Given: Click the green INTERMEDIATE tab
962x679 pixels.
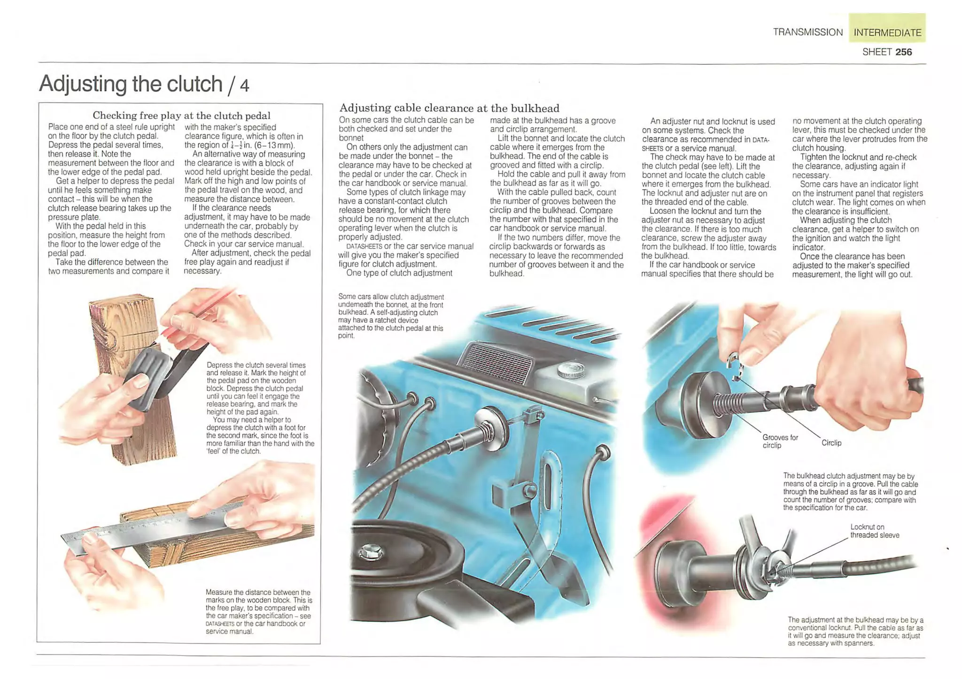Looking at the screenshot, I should coord(887,32).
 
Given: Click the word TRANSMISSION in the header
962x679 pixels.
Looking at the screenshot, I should coord(807,32).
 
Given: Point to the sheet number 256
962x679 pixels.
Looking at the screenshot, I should coord(903,52).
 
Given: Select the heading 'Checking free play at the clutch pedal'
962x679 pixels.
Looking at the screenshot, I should coord(181,115).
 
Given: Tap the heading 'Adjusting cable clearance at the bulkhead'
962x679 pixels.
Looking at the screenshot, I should coord(449,108).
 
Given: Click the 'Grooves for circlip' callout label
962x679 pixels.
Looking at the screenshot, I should coord(780,441).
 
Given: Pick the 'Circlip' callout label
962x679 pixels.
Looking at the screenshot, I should coord(831,442).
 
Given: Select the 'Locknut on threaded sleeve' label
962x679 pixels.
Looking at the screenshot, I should coord(874,531).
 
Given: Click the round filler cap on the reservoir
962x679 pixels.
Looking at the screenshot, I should coord(571,371).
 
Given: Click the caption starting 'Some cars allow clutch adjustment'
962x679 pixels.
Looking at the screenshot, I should coord(390,316).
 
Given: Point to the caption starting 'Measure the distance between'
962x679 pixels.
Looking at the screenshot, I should coord(258,611).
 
